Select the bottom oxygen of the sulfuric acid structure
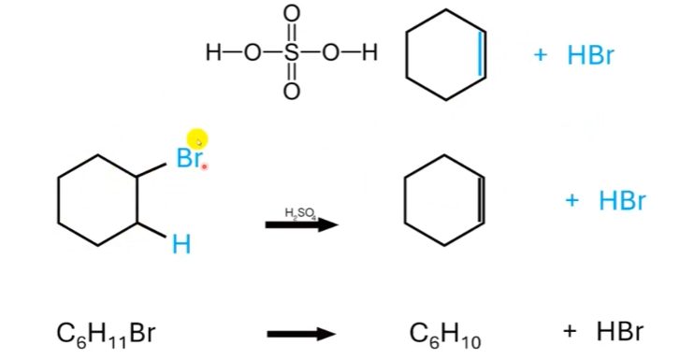[x=292, y=91]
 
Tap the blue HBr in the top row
[x=590, y=55]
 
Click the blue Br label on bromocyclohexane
[x=188, y=158]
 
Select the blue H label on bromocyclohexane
[x=181, y=245]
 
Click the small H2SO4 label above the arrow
[x=301, y=214]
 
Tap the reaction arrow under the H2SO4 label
[x=301, y=225]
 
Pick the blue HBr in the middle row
[x=622, y=200]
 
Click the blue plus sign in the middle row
[x=572, y=200]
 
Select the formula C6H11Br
[x=104, y=333]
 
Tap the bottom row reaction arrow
[x=301, y=334]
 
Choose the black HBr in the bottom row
[x=619, y=332]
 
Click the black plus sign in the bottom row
[x=570, y=332]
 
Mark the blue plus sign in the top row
[x=540, y=55]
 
